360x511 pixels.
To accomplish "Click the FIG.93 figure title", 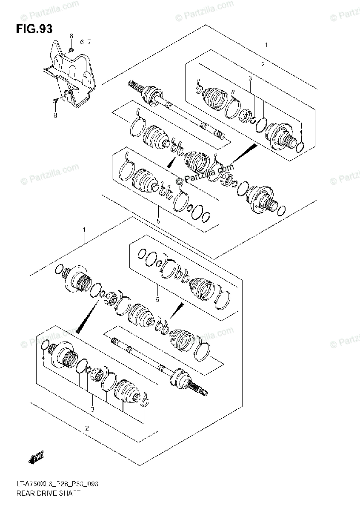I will [x=34, y=29].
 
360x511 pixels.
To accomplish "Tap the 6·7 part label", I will [x=86, y=42].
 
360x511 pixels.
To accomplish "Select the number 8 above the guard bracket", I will [x=71, y=35].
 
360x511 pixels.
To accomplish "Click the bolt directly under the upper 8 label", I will [x=71, y=50].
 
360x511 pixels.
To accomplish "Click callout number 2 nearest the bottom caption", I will [x=87, y=428].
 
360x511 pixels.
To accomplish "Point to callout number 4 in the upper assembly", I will [x=300, y=132].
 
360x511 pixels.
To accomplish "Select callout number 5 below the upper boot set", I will [x=157, y=221].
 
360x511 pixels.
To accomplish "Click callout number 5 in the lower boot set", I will [x=157, y=300].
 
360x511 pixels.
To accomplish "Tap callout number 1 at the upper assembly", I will [x=266, y=45].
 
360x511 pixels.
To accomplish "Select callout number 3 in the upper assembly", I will [x=250, y=78].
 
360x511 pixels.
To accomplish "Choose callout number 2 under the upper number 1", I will [x=263, y=64].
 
